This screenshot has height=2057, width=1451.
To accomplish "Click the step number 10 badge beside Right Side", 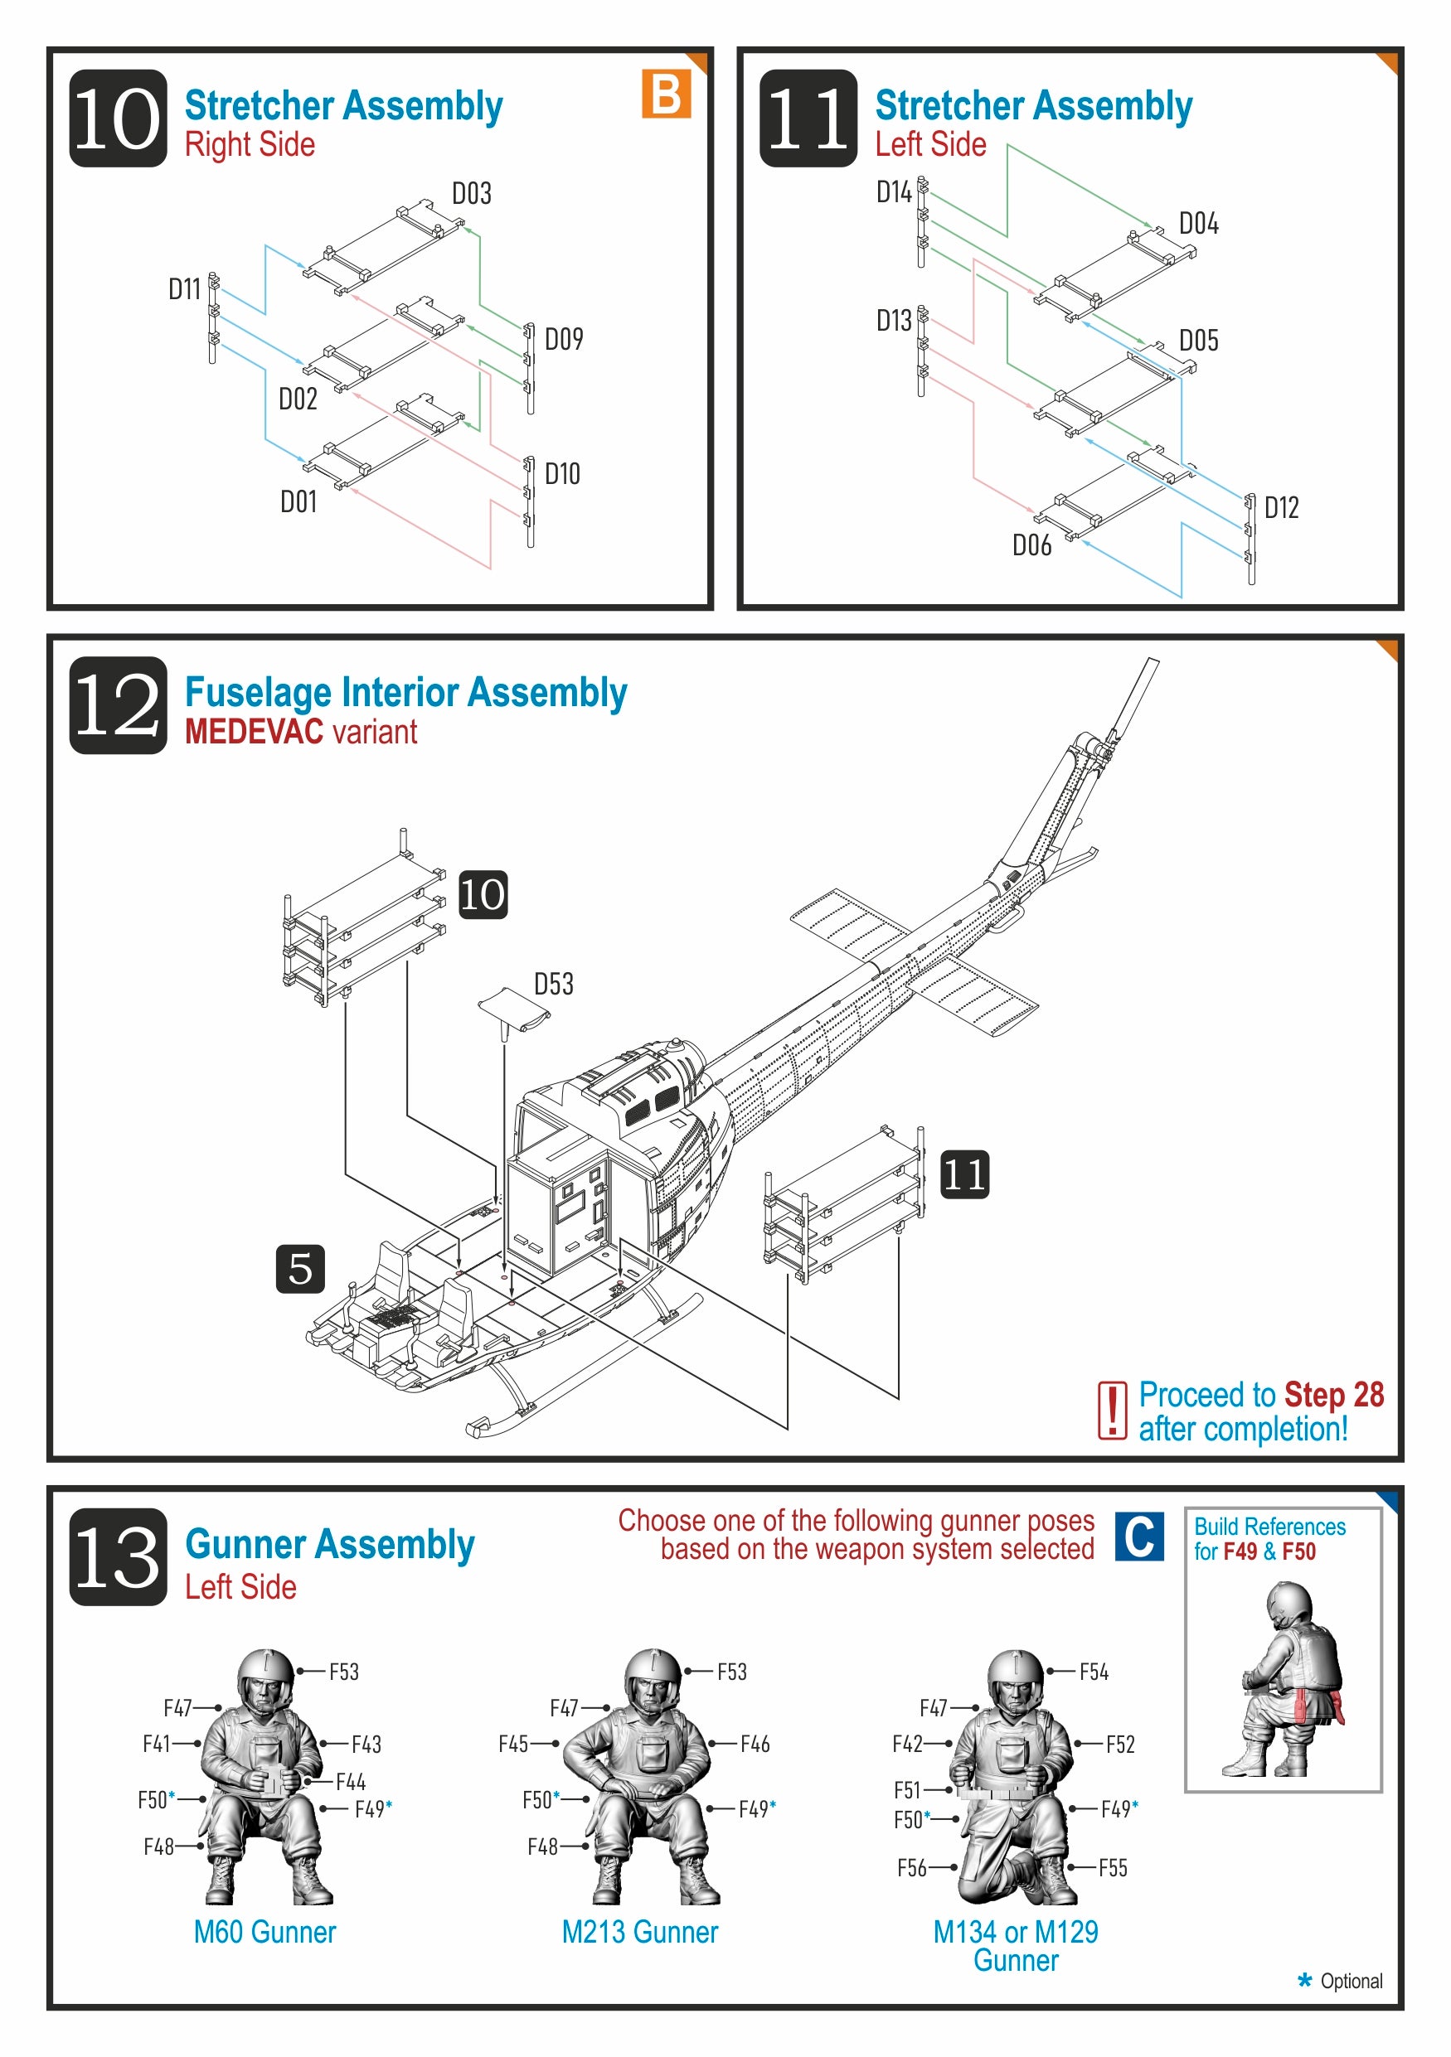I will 118,119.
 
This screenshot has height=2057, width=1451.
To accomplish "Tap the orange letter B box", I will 666,94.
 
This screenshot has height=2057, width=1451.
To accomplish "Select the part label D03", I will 472,193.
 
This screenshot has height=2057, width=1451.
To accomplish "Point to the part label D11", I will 185,288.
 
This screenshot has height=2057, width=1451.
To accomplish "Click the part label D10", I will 563,474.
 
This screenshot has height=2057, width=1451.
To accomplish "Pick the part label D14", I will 894,191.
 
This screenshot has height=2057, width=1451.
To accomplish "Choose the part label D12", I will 1281,508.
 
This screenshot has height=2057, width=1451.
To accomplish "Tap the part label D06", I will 1031,544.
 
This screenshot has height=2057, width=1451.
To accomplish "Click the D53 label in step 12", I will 554,984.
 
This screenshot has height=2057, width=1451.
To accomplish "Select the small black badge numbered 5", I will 300,1269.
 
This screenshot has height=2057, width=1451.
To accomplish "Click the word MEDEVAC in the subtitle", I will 254,732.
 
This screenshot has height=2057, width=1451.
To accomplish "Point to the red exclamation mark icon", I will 1112,1411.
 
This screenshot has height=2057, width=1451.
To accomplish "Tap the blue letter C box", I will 1139,1537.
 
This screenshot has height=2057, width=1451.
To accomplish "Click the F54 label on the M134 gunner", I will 1094,1672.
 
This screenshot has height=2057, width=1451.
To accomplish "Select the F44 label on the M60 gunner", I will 351,1782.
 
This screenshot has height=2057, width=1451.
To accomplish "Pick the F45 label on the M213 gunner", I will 513,1745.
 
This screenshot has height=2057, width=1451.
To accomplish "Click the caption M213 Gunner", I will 640,1933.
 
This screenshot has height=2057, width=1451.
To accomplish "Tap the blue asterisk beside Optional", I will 1305,1980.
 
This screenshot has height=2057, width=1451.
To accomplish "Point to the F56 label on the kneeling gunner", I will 911,1868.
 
